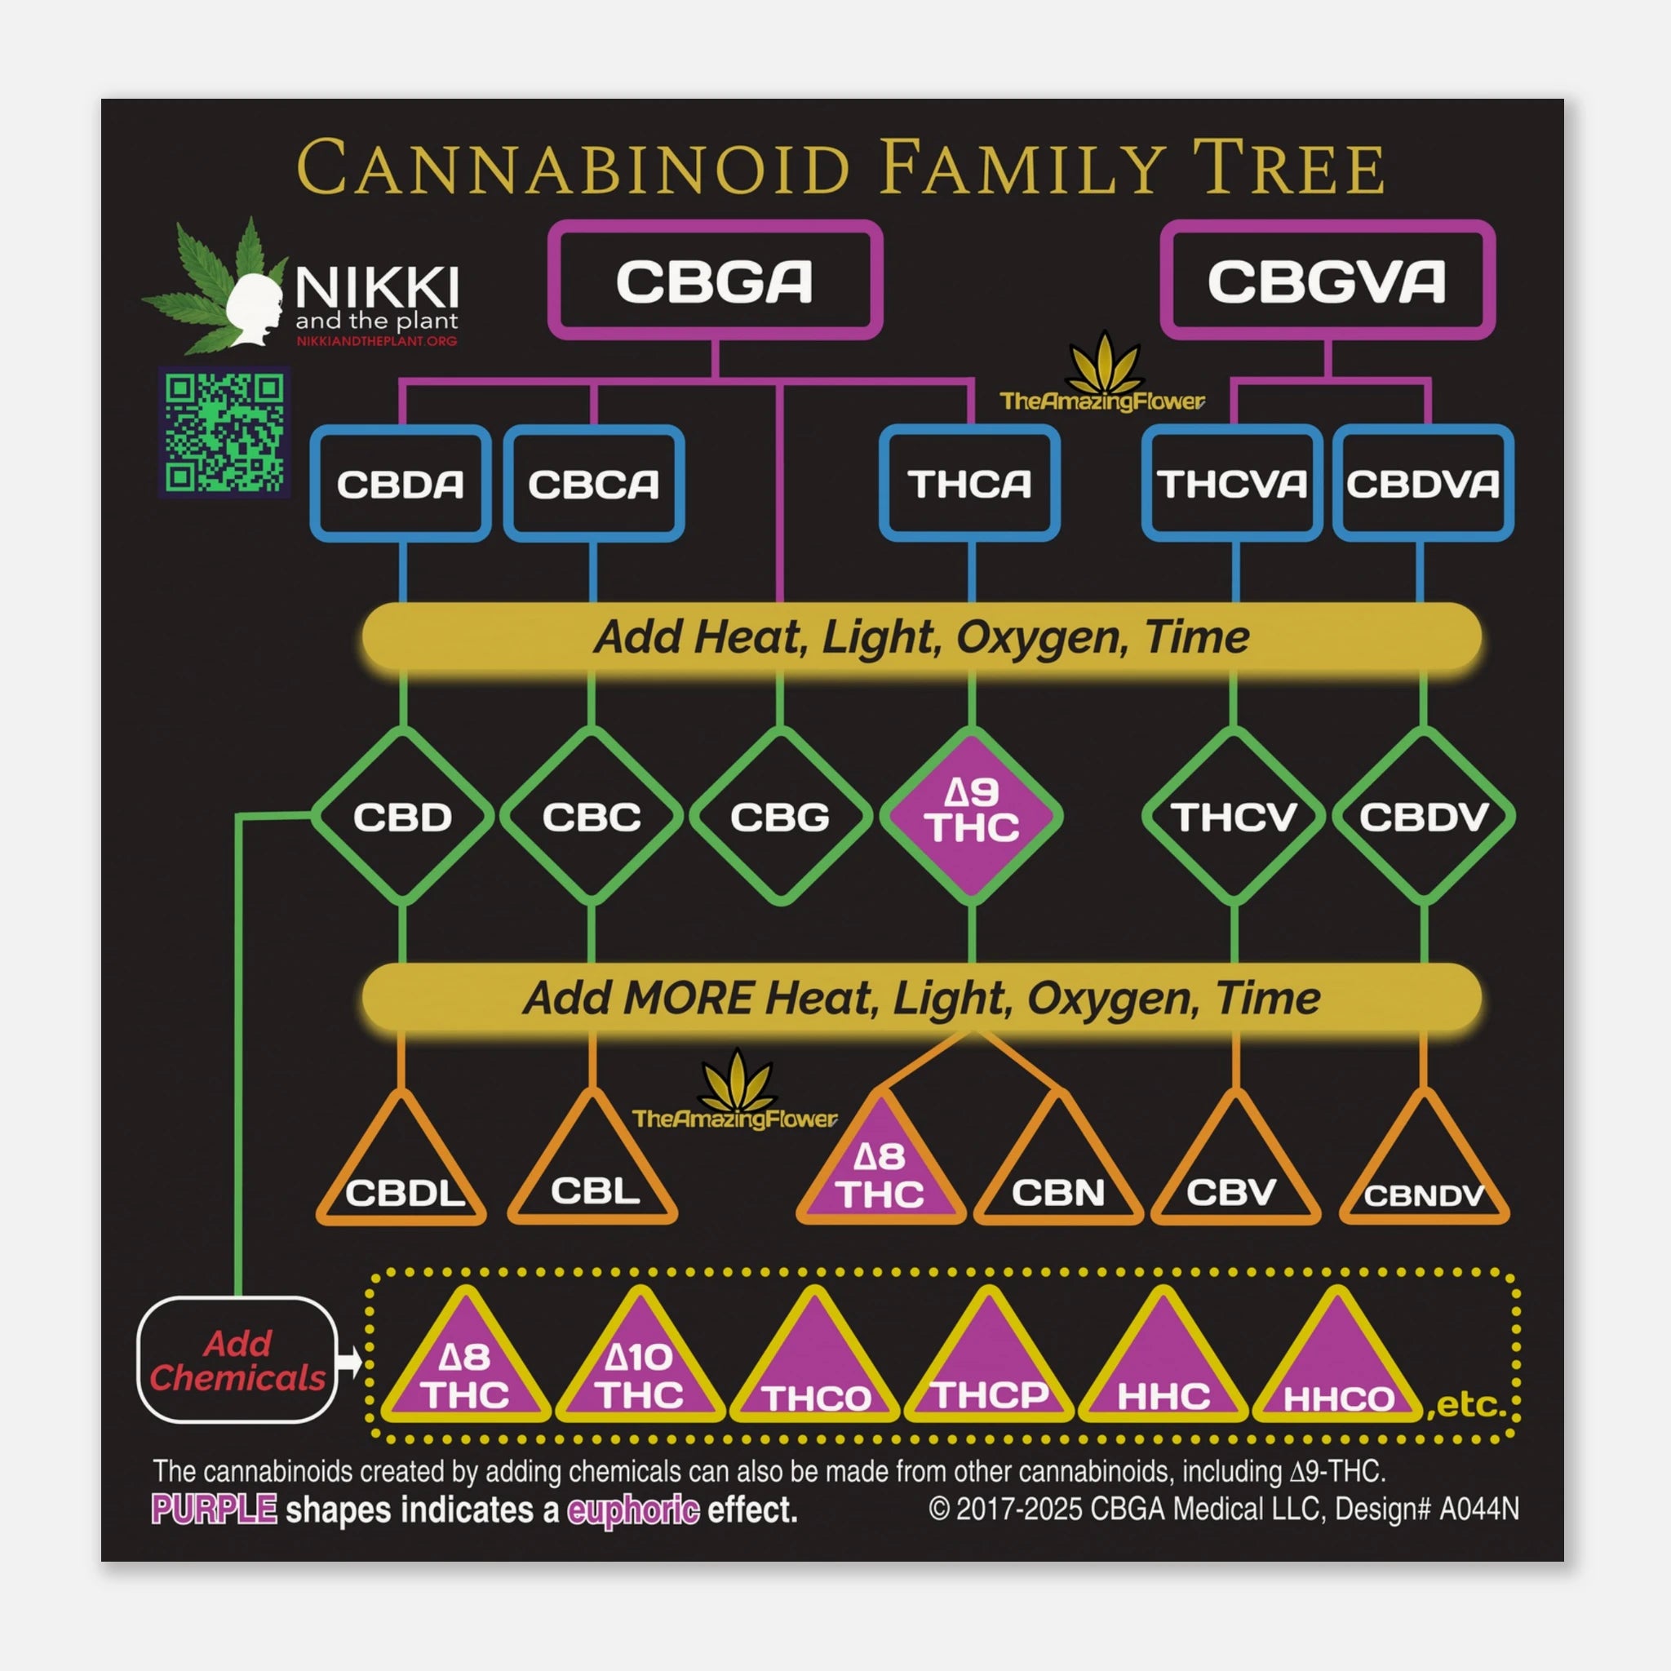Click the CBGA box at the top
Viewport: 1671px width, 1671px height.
coord(715,280)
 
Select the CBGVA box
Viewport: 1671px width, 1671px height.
coord(1327,280)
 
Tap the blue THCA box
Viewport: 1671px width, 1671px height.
coord(969,484)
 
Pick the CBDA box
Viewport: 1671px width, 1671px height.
coord(401,484)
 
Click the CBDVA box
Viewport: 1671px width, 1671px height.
coord(1423,484)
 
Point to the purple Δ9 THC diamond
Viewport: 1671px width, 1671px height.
coord(971,816)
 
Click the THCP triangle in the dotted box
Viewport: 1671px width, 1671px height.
coord(990,1375)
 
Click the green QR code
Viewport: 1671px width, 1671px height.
coord(224,432)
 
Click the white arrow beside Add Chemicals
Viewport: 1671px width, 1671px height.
coord(348,1362)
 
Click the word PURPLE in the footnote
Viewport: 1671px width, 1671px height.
coord(215,1509)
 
